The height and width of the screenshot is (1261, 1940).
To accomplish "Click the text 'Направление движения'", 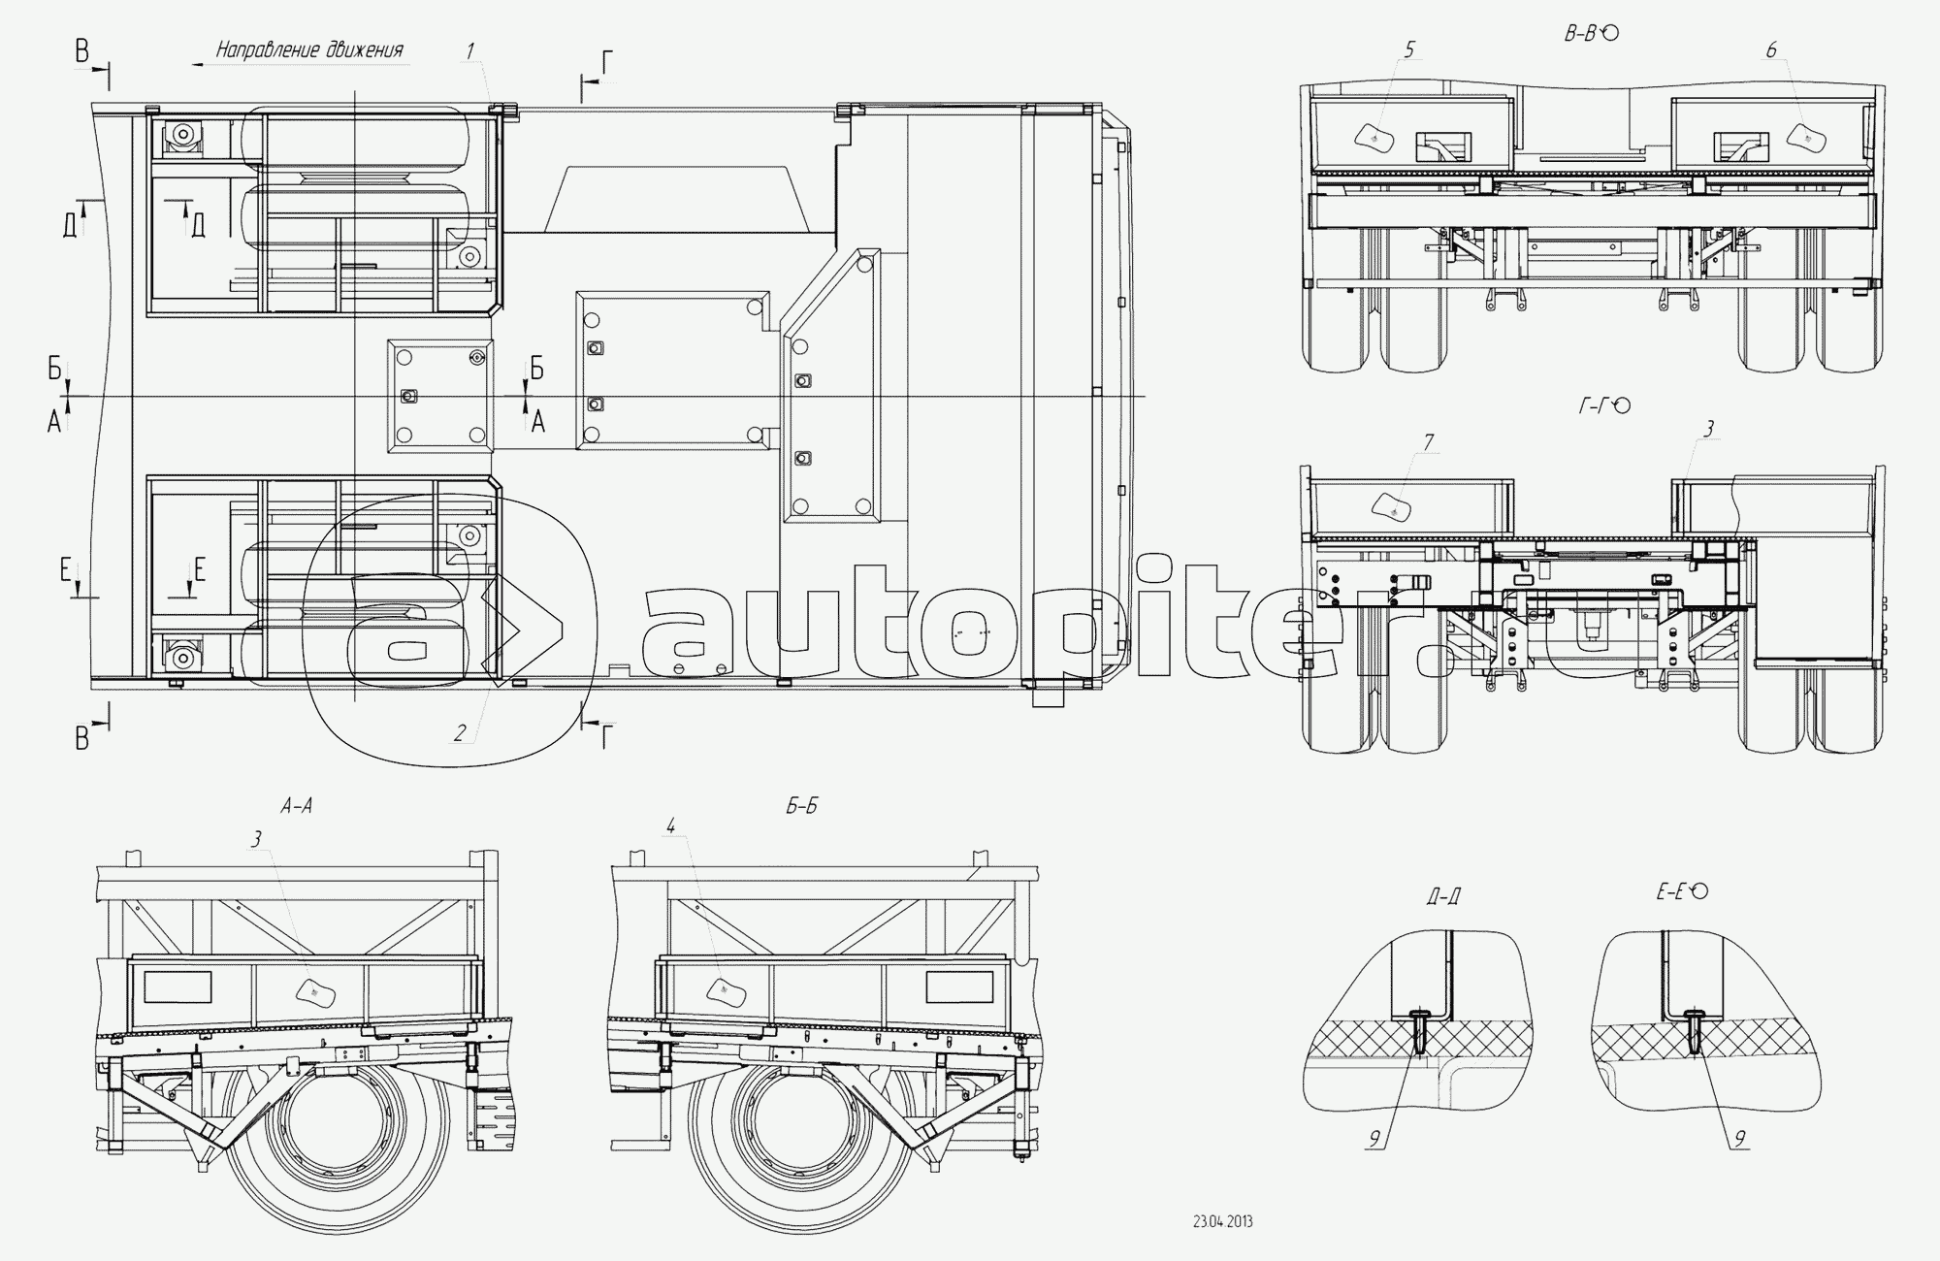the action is (x=309, y=50).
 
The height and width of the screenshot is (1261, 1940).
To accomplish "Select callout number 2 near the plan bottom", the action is (x=460, y=733).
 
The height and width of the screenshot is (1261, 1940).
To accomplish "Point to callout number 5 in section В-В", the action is (x=1410, y=48).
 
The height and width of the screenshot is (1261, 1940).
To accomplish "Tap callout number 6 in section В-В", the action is (x=1771, y=49).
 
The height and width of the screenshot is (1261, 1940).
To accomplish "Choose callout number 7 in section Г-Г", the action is (x=1429, y=443).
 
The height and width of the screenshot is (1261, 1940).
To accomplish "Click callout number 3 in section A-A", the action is (x=257, y=840).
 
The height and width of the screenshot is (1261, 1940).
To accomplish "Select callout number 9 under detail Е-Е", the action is (x=1741, y=1141).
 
